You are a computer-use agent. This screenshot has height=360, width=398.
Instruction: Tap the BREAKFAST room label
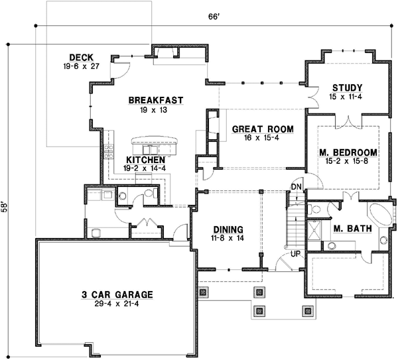[x=156, y=100]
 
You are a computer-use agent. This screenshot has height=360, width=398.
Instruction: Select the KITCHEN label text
[x=145, y=160]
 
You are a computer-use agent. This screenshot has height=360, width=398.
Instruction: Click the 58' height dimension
[x=5, y=206]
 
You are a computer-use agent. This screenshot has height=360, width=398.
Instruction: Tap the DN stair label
[x=296, y=188]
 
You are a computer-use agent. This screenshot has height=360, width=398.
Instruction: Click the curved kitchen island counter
[x=156, y=141]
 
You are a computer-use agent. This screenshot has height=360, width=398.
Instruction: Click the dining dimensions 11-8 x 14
[x=226, y=237]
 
